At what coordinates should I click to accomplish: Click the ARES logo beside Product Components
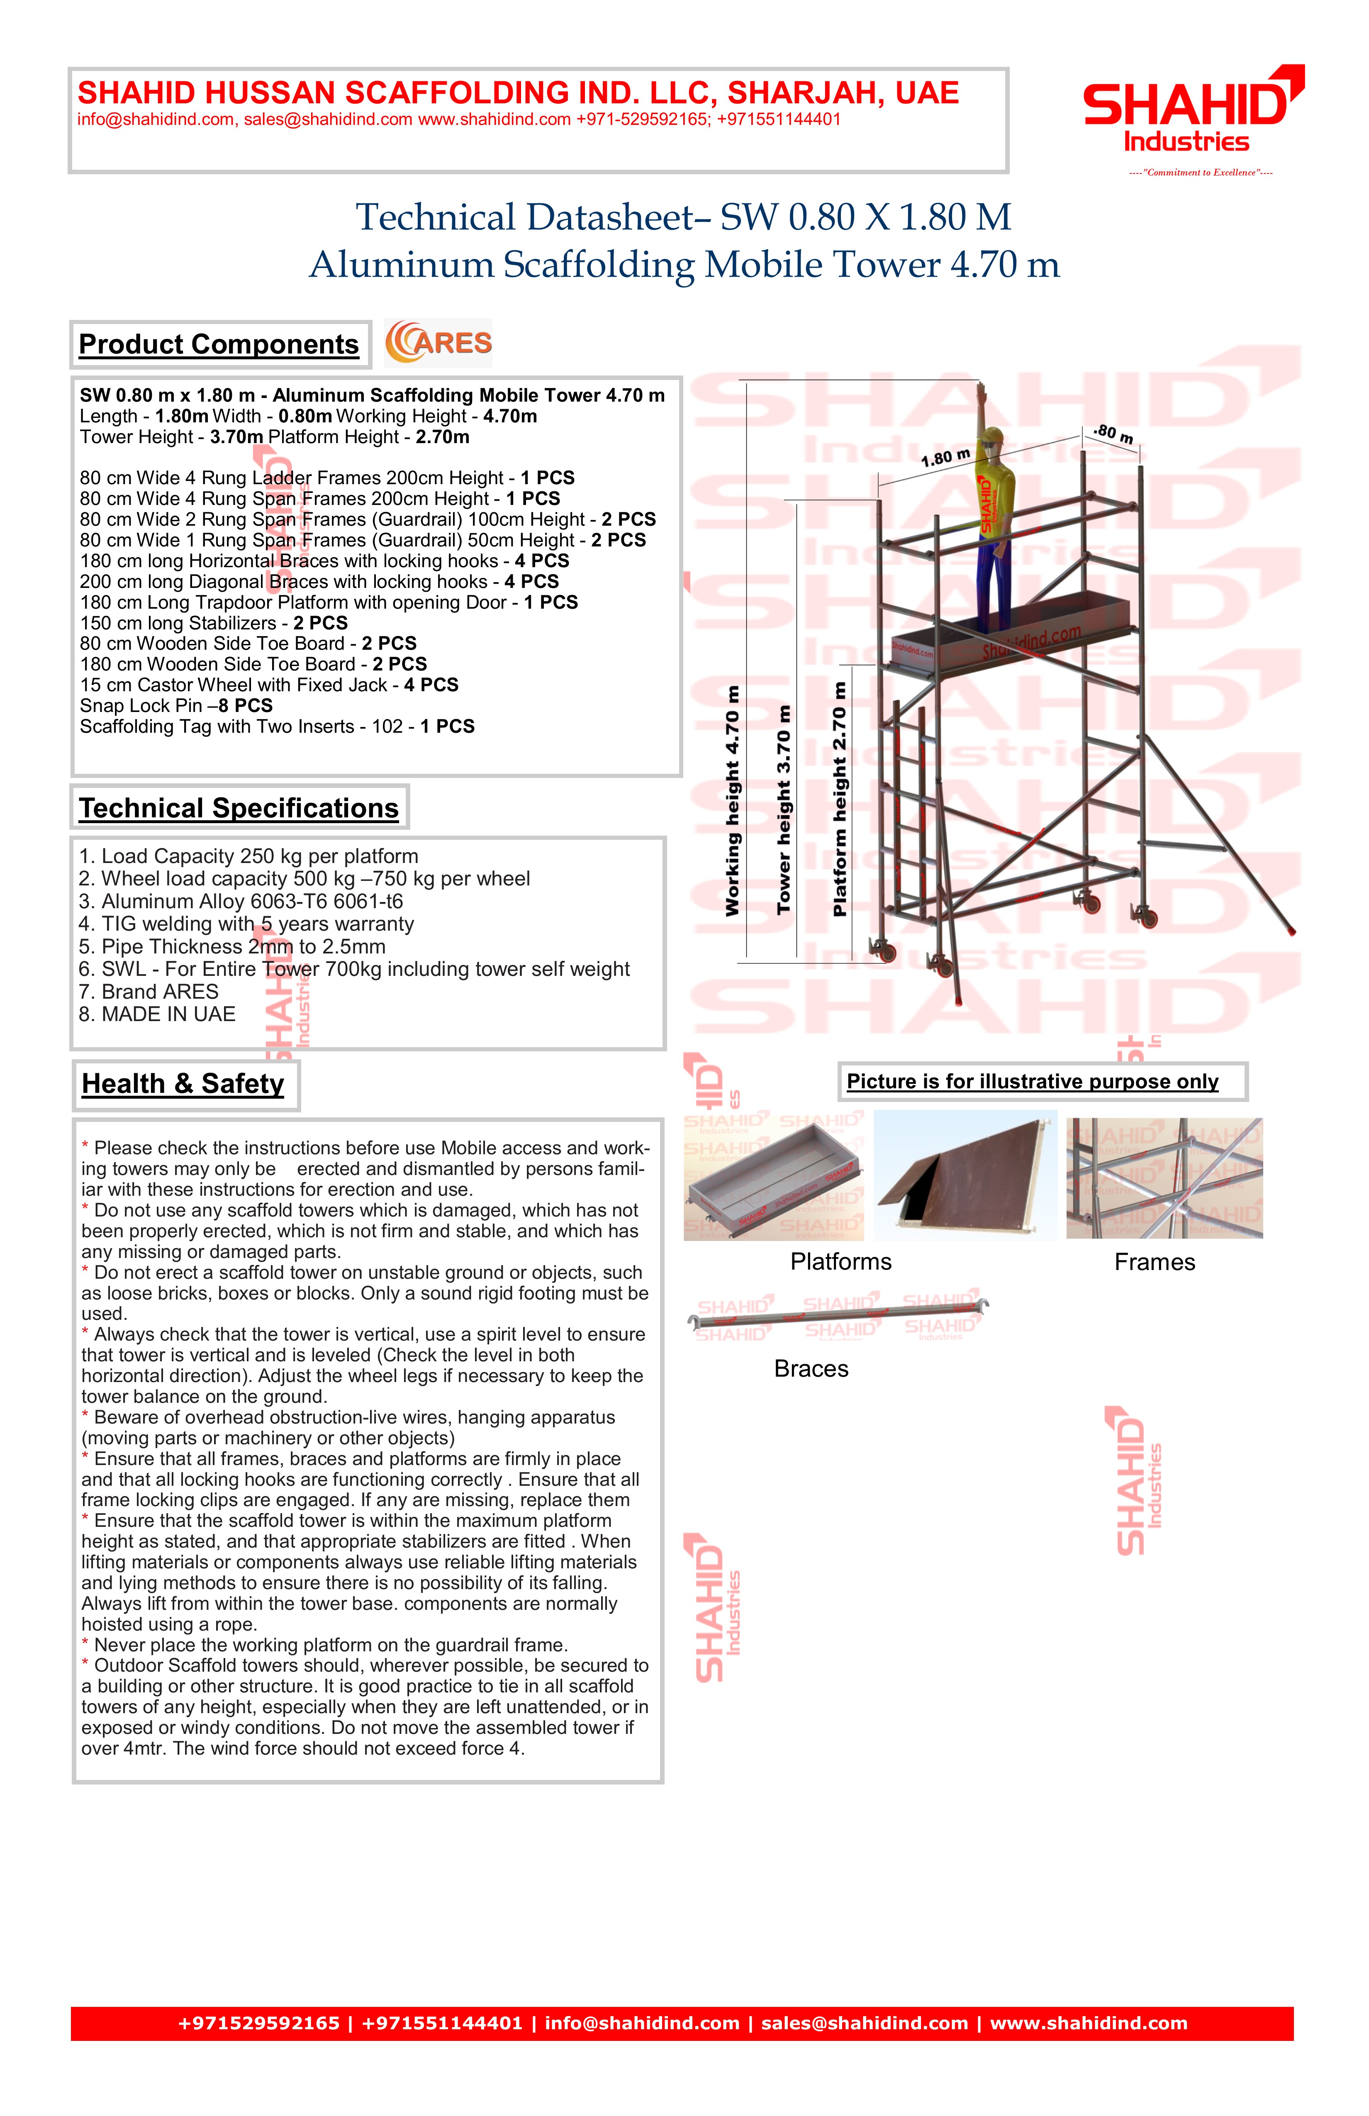[x=438, y=343]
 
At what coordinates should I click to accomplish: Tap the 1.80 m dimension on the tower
[x=945, y=458]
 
